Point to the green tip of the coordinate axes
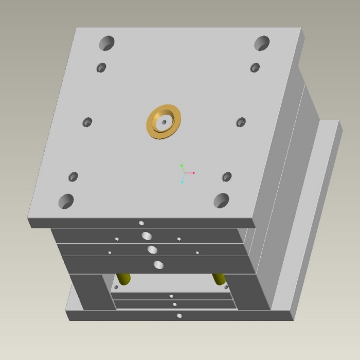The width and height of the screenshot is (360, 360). [x=182, y=165]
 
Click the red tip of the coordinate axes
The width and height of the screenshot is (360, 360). [x=194, y=173]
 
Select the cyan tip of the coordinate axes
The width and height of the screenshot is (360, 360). [x=182, y=182]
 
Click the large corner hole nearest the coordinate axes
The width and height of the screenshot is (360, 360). [x=221, y=200]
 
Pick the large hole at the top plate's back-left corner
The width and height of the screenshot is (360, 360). [x=106, y=43]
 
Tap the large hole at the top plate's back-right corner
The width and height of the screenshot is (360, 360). [x=262, y=43]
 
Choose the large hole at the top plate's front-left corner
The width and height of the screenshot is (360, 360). [x=66, y=201]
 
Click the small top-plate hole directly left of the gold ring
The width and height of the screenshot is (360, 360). [x=87, y=122]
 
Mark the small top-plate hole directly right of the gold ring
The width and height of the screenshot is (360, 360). [x=241, y=122]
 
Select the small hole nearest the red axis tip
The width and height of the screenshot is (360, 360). [x=227, y=177]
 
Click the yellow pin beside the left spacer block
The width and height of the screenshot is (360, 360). [x=123, y=278]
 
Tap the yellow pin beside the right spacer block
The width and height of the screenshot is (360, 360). [x=219, y=278]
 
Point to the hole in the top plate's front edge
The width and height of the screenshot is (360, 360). [x=141, y=223]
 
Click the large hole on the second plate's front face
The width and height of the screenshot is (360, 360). [x=147, y=236]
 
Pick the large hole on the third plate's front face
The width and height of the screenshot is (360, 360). [x=152, y=250]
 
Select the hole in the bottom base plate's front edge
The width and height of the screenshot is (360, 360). [x=179, y=315]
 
